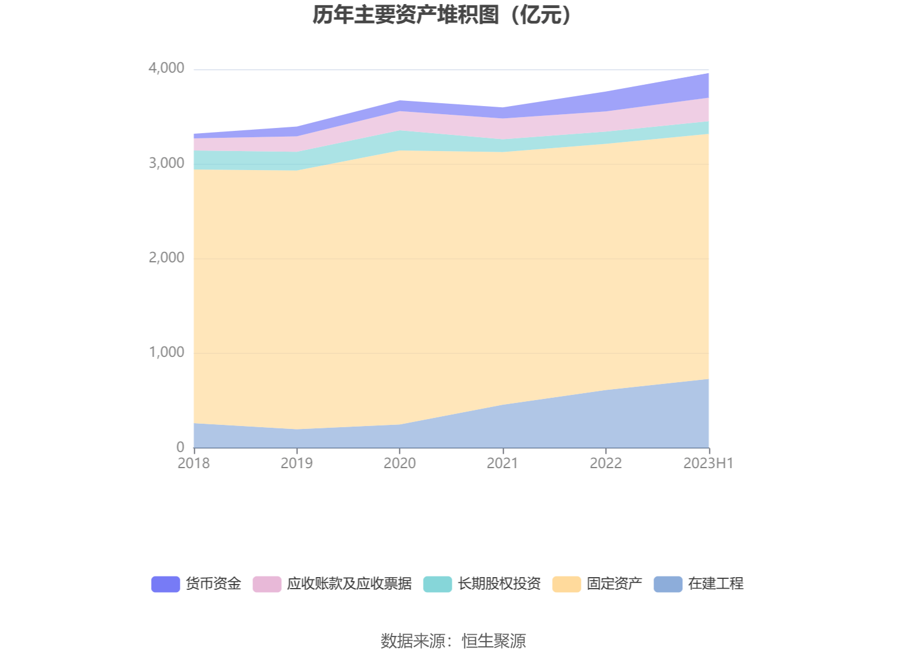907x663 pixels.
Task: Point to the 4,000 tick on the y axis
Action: pos(167,68)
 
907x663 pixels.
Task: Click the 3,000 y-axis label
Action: pos(167,163)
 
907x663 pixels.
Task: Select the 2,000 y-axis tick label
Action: pos(167,258)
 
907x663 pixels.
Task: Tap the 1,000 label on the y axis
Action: pos(167,352)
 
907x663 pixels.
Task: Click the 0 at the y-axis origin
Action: pos(180,447)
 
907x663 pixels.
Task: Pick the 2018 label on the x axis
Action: pos(194,464)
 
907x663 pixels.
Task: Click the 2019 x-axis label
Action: pos(297,464)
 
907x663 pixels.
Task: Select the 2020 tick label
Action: pos(400,464)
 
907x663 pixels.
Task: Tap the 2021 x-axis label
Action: pos(502,464)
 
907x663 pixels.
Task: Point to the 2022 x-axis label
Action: pos(606,464)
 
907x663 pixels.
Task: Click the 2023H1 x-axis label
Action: pos(708,464)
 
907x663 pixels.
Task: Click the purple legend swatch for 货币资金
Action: pos(165,584)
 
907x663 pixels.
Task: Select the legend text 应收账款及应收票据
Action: pos(349,584)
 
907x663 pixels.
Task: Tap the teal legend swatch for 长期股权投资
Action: pos(437,584)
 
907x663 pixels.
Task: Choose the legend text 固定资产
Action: pos(614,584)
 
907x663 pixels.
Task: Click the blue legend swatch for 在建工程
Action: pos(668,584)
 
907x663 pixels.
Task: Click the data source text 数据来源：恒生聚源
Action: pos(453,641)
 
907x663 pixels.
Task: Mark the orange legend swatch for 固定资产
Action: pos(566,584)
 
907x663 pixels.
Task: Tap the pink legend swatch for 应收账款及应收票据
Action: pos(267,584)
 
